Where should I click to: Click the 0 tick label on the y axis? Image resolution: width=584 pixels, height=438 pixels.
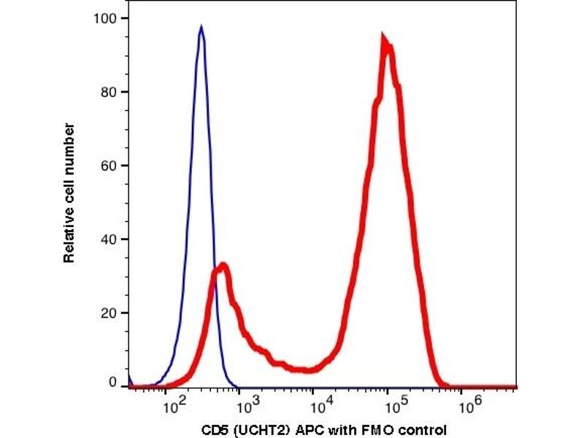tap(113, 383)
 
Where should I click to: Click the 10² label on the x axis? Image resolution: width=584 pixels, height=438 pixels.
tap(173, 401)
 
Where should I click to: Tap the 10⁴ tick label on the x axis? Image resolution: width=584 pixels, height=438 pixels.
tap(319, 401)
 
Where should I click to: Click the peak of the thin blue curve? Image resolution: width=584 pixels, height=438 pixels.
tap(201, 28)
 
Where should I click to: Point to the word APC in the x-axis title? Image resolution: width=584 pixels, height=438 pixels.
tap(302, 429)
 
